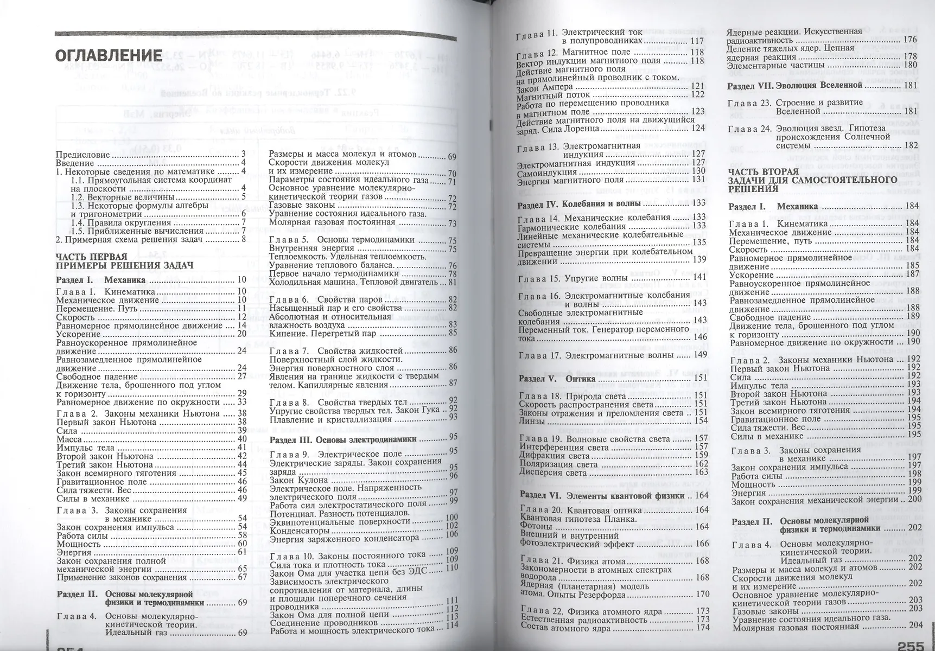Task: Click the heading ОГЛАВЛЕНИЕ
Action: (109, 55)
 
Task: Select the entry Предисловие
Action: (83, 155)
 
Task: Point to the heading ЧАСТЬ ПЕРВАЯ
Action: (92, 257)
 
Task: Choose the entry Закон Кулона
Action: (299, 480)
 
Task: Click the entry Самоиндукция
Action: (543, 171)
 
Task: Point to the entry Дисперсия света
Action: (554, 473)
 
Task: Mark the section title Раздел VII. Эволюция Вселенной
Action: (795, 85)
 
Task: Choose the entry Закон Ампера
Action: (545, 86)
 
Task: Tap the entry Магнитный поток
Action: (550, 94)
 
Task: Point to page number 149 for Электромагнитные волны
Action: (700, 355)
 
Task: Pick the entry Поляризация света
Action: (558, 464)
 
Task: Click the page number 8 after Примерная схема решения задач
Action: (244, 239)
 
